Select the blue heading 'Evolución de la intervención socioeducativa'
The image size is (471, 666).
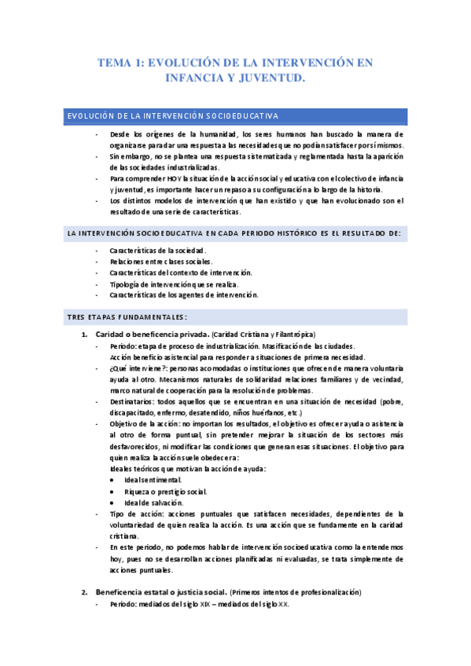point(171,116)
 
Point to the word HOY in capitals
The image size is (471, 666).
point(171,179)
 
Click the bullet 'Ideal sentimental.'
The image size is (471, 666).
point(153,480)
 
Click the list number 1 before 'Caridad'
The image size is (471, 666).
point(85,335)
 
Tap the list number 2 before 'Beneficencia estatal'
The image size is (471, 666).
point(85,591)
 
